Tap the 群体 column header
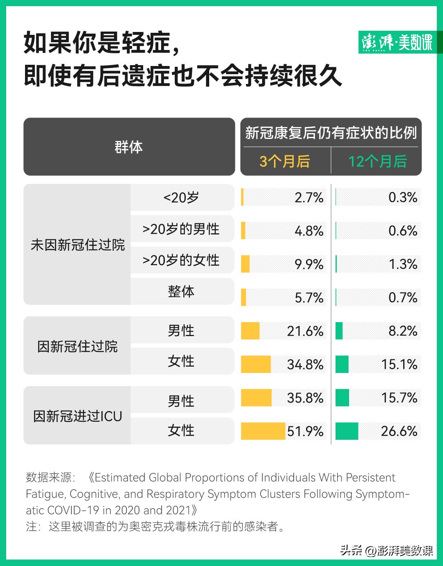point(129,147)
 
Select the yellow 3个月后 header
point(285,161)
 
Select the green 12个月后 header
point(377,161)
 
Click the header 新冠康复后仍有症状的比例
point(331,133)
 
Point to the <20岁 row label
point(181,198)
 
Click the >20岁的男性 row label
point(181,229)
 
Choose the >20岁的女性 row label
point(181,260)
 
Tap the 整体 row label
point(181,291)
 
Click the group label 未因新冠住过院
point(78,245)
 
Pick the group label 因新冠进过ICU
point(78,416)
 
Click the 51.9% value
point(305,431)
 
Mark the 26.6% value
point(399,431)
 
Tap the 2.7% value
point(309,198)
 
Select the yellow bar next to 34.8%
point(256,364)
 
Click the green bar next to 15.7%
point(342,398)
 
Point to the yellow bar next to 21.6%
point(250,331)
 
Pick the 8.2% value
point(403,331)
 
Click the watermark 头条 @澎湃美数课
point(386,550)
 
